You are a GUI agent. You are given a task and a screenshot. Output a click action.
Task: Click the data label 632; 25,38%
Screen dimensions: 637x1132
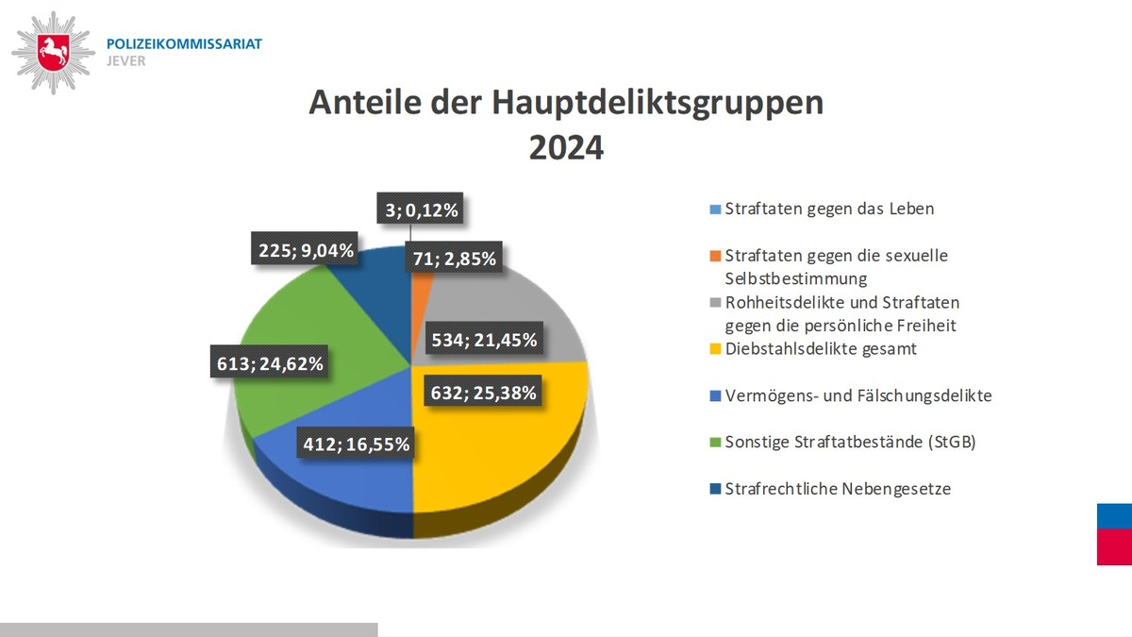(x=484, y=393)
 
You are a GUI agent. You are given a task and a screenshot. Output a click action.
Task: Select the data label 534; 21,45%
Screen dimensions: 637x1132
(x=484, y=340)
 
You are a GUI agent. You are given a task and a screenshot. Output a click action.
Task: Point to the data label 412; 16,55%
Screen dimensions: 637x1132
(x=357, y=443)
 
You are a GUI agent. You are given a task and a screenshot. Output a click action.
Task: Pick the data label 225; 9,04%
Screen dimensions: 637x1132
(x=306, y=251)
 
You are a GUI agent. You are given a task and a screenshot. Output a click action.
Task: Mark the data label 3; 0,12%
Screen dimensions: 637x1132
(x=421, y=210)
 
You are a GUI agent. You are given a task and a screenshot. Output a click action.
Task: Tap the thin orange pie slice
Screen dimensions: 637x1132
(x=421, y=283)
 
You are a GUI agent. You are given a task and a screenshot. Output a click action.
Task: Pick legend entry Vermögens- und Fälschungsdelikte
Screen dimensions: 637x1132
(x=849, y=395)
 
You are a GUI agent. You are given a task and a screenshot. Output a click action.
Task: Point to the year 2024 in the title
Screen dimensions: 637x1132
(x=566, y=148)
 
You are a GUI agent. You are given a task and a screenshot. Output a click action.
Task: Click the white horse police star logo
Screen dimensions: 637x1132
(x=53, y=52)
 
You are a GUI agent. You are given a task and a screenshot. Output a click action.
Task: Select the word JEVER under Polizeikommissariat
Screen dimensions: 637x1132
(x=127, y=61)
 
